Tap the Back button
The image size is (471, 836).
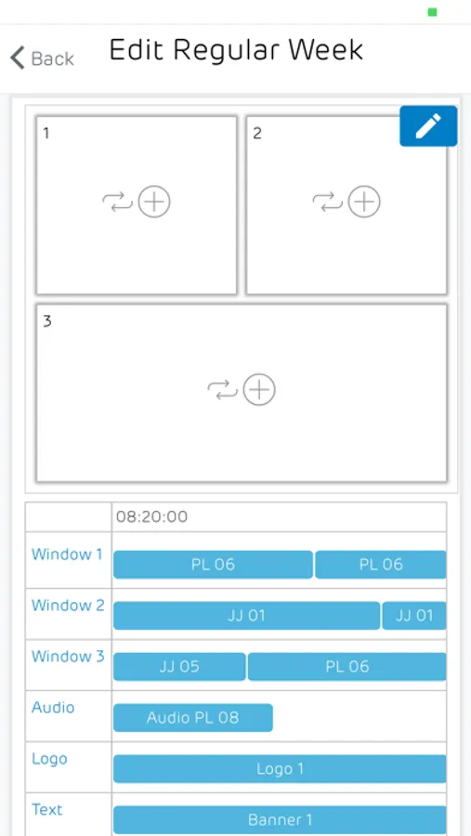point(42,58)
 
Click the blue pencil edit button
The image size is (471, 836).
point(428,125)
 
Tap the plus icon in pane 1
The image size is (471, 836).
point(154,202)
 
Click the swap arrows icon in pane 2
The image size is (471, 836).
point(327,202)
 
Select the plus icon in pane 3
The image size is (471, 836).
point(259,390)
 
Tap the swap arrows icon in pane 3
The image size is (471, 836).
point(222,390)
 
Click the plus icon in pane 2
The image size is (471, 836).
point(364,202)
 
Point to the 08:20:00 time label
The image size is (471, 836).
point(152,516)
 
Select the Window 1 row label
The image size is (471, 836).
point(67,555)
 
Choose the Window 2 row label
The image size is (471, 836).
point(68,605)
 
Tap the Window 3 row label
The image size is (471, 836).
point(68,657)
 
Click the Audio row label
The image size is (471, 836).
point(53,708)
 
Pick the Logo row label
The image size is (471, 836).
point(49,759)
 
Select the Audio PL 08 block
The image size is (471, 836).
point(193,718)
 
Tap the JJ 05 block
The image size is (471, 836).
point(179,666)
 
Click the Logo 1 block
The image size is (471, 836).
point(280,769)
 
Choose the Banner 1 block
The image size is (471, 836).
point(280,819)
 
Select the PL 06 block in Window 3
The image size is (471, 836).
point(347,666)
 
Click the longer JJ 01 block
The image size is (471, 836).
point(247,616)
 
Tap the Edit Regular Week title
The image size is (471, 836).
point(236,51)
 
